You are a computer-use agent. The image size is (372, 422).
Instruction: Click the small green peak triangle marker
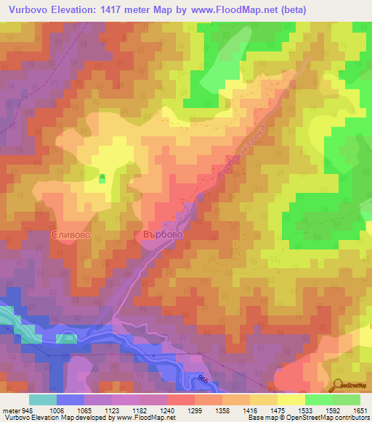(x=102, y=176)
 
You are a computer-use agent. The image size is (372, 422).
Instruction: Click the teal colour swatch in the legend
(x=42, y=400)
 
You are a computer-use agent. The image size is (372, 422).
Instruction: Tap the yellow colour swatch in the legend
(x=291, y=400)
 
